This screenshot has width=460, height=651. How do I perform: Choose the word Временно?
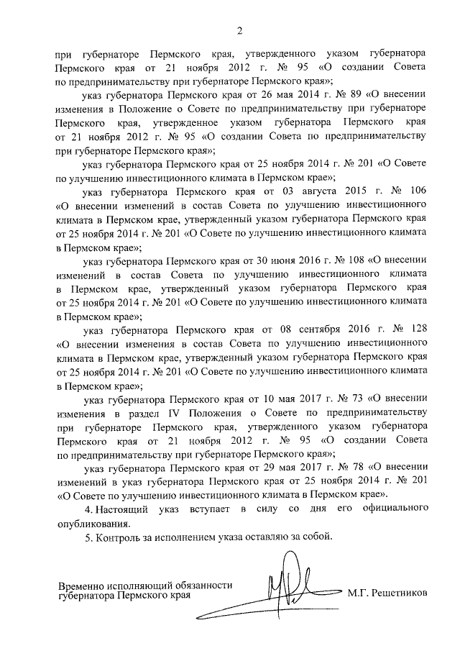83,585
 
